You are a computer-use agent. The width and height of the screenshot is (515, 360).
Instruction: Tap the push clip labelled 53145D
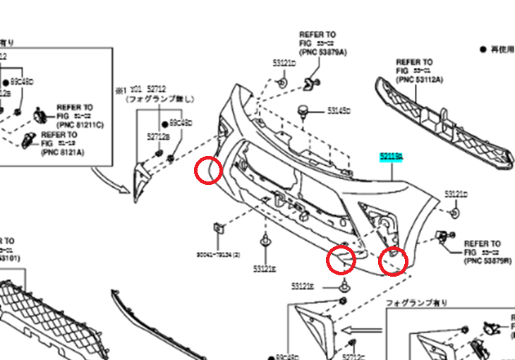[x=305, y=110]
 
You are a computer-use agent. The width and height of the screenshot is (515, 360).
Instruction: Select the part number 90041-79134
[x=219, y=255]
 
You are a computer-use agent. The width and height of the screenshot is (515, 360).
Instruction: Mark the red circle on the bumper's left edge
[x=210, y=169]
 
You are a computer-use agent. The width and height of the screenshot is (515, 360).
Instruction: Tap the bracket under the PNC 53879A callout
[x=309, y=84]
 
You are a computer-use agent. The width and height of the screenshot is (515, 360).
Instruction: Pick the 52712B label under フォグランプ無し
[x=157, y=136]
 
